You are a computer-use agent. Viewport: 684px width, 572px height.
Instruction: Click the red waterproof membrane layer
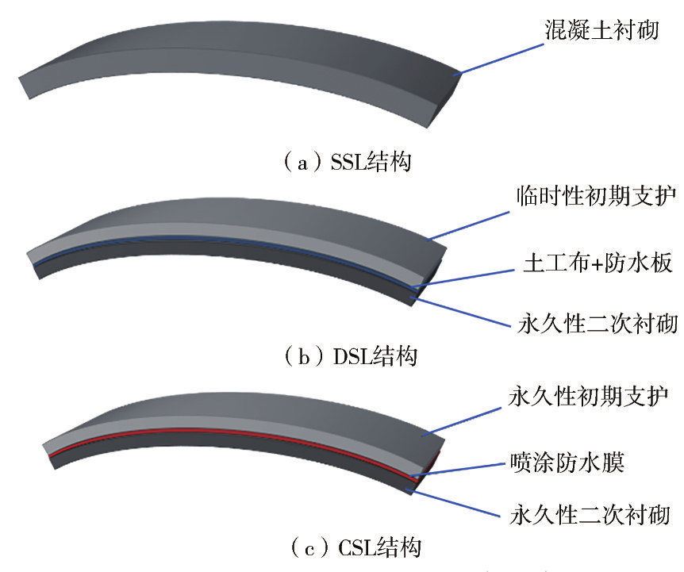(x=238, y=433)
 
